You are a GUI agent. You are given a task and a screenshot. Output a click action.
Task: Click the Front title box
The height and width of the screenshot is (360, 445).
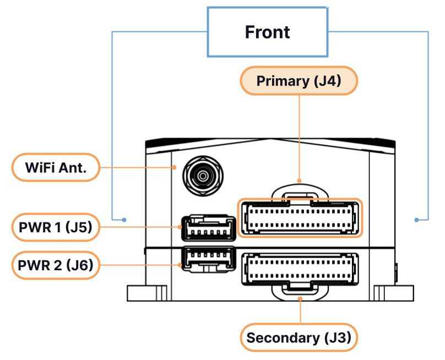pos(268,32)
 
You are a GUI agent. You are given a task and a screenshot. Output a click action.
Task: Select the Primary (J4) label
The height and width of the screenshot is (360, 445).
pos(299,81)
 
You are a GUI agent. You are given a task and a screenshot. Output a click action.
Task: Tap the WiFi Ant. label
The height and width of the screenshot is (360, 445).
pos(56,167)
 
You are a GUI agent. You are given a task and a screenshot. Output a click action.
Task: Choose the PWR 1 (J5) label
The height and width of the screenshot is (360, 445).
pos(56,227)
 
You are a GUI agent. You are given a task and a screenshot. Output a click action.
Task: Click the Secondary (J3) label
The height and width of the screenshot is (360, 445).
pos(299,337)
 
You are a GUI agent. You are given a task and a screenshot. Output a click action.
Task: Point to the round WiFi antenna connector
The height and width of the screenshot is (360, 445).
pos(203,176)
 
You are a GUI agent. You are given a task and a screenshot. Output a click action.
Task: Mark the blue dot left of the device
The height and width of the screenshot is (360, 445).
pos(124,220)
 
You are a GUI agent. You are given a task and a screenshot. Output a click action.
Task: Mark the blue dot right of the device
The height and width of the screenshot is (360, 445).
pos(416,220)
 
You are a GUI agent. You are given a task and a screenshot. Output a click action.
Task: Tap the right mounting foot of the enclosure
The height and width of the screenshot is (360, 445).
pos(393,293)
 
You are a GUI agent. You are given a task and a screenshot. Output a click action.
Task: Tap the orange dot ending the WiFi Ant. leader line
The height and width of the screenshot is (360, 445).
pos(173,167)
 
